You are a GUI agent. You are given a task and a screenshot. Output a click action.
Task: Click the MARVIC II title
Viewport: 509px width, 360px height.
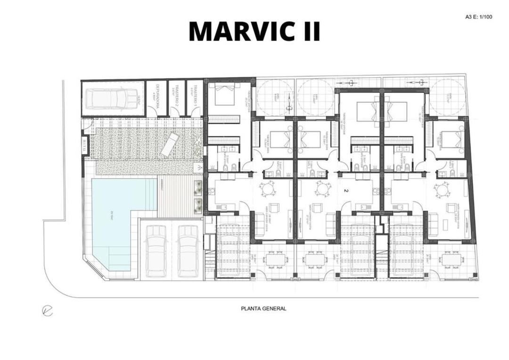(254, 32)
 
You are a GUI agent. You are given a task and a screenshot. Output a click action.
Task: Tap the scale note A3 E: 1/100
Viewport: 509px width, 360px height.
(478, 17)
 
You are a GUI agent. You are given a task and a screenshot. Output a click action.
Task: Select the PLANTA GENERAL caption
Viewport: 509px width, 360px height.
(263, 309)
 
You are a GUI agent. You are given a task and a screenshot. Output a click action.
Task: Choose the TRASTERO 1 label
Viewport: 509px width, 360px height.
(193, 98)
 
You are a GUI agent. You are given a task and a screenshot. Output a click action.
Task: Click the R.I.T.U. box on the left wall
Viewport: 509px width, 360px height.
(84, 146)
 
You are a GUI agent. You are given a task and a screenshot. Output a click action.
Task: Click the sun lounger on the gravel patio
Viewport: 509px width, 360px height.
(169, 144)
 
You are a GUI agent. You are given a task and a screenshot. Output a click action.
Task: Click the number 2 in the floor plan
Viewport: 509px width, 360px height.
(346, 191)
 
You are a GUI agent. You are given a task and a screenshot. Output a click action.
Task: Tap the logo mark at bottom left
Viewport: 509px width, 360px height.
(47, 311)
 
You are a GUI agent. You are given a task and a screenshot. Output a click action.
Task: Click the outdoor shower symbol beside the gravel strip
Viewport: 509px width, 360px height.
(198, 167)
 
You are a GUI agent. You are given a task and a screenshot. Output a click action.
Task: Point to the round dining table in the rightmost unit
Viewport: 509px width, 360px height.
(442, 189)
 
